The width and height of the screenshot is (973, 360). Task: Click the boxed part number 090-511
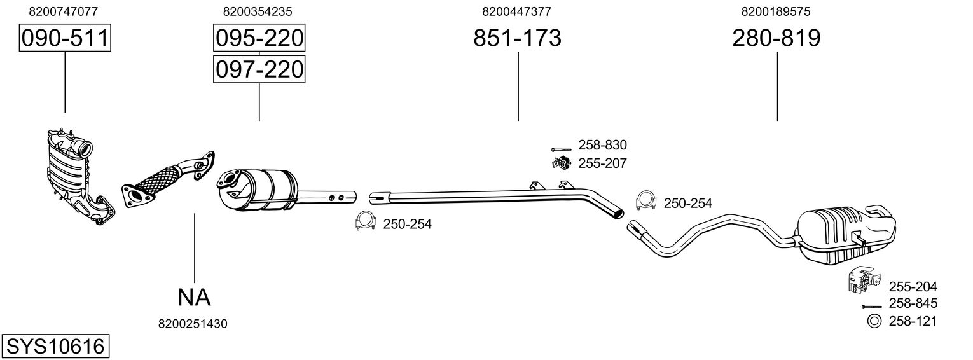click(64, 39)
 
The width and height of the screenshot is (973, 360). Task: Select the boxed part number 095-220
click(259, 39)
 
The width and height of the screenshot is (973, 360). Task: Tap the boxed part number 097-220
click(259, 69)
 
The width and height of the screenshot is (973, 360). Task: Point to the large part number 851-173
click(517, 39)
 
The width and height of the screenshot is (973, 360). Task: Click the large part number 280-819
click(776, 39)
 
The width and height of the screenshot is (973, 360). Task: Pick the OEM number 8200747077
click(64, 11)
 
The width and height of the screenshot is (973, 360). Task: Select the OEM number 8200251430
click(193, 324)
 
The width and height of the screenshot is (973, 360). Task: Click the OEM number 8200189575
click(776, 11)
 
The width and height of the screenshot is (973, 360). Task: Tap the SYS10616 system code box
click(55, 347)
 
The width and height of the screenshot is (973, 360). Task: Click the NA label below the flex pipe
click(193, 296)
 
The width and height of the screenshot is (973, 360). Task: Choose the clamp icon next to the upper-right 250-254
click(646, 200)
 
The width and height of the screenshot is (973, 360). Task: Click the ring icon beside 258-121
click(874, 321)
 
